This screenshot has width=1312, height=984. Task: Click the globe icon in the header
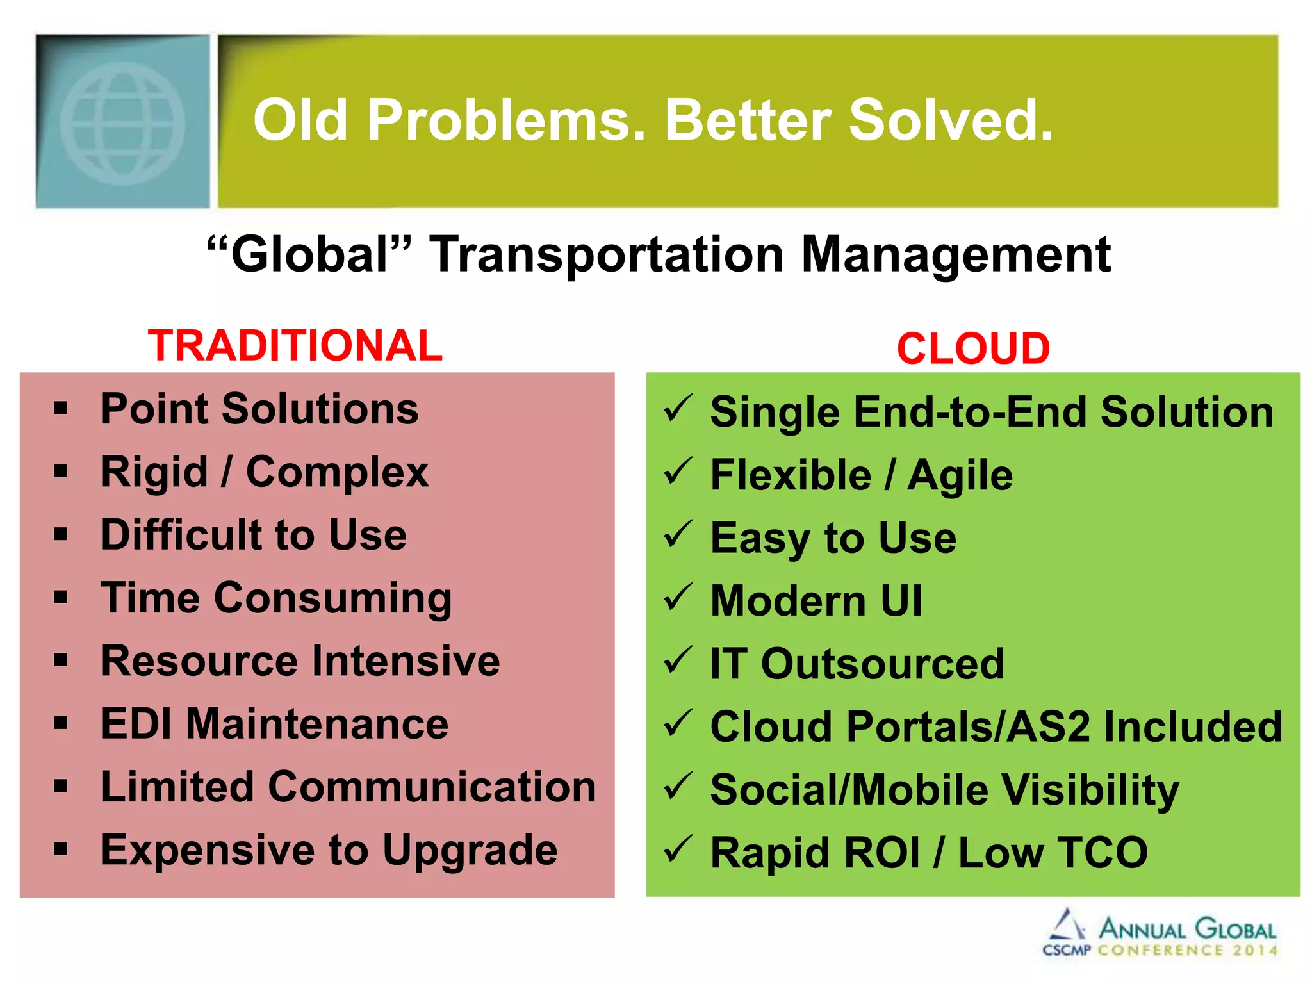coord(123,123)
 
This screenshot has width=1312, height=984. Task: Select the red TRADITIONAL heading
coord(295,346)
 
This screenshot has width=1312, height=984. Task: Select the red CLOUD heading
coord(973,349)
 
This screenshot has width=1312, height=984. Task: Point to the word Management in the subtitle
coord(956,255)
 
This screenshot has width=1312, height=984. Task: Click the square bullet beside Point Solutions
coord(61,409)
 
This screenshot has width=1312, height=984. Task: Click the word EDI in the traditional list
coord(136,724)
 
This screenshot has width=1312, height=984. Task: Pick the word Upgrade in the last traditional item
coord(470,851)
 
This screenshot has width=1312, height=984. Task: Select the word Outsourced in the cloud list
coord(882,664)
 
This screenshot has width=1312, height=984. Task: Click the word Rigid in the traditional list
coord(154,473)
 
